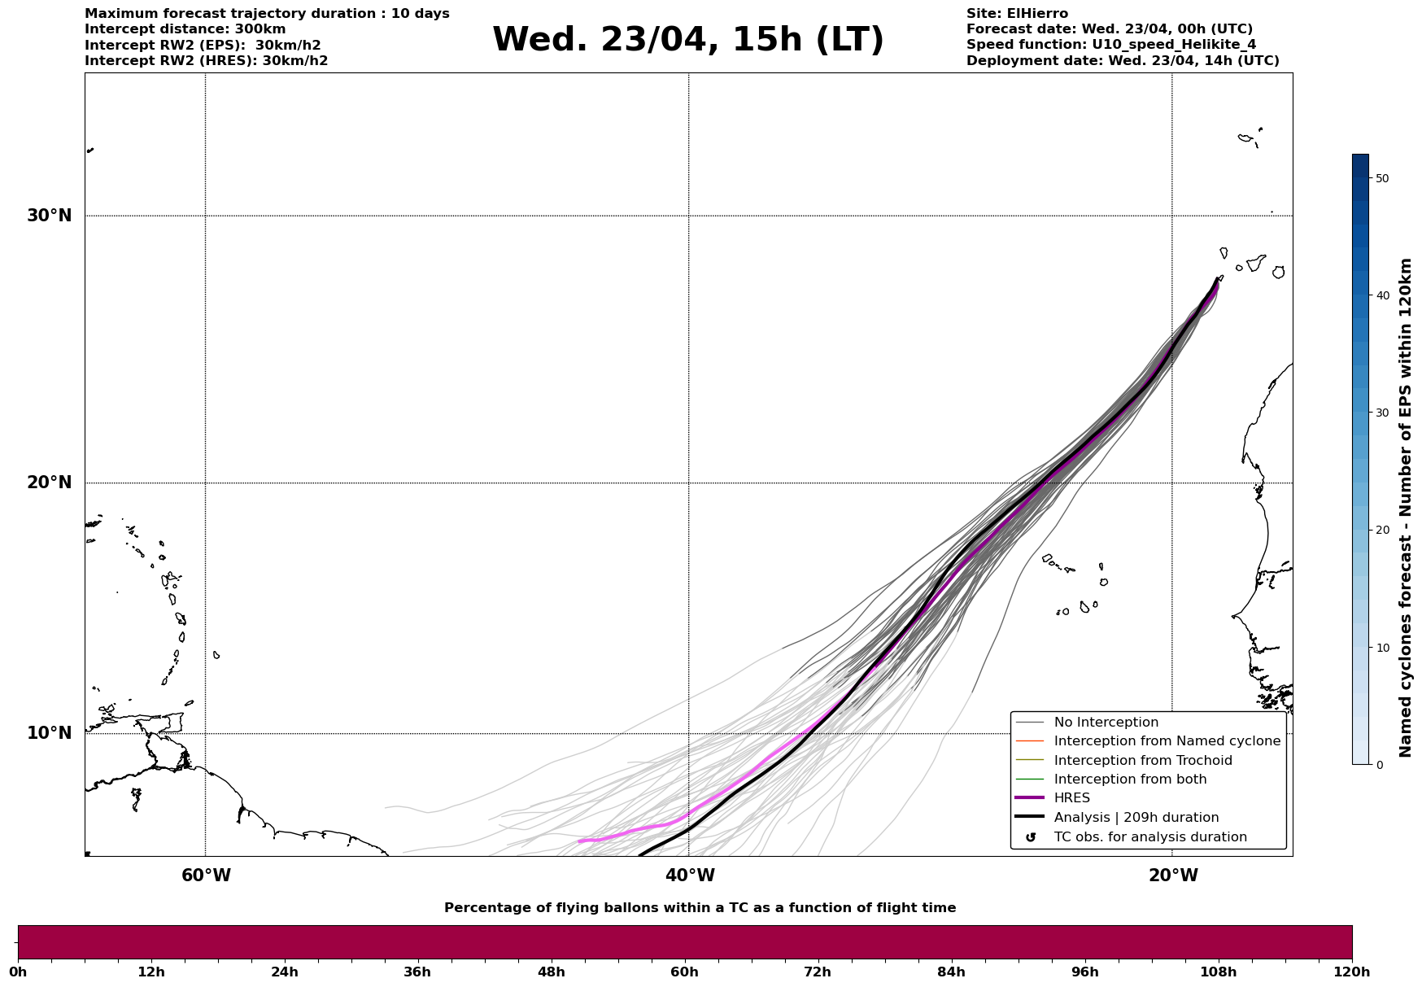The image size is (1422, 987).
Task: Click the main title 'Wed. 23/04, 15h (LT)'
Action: (687, 40)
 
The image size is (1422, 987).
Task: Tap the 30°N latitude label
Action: (50, 216)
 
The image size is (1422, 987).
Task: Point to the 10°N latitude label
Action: (50, 733)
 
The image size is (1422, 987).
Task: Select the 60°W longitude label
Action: (206, 876)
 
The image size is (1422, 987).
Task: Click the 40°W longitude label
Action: (689, 876)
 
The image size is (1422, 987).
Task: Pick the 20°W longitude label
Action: (1172, 876)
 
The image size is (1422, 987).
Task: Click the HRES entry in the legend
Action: (1071, 798)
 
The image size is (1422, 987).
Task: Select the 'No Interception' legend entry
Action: (1106, 723)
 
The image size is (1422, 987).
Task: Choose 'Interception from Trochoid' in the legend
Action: (1142, 761)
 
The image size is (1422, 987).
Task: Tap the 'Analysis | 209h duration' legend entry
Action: (1136, 818)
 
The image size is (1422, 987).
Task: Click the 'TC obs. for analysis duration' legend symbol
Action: (1031, 837)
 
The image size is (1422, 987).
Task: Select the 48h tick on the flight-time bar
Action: (551, 972)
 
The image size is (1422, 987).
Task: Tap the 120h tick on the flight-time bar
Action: (1352, 972)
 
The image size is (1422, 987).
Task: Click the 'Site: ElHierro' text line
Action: (1017, 14)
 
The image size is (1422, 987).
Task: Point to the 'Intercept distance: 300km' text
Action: (185, 29)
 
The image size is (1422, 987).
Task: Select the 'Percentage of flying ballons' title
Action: (700, 908)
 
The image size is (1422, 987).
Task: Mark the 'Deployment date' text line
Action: (1123, 61)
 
